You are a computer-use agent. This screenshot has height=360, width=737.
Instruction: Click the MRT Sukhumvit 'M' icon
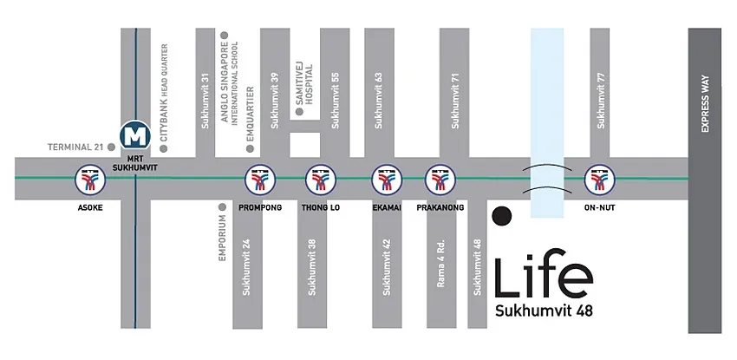[x=135, y=135]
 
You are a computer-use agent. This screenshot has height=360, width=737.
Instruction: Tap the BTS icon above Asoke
[x=90, y=179]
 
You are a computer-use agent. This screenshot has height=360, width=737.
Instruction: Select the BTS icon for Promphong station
[x=260, y=179]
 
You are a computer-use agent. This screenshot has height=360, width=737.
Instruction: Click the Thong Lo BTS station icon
[x=321, y=179]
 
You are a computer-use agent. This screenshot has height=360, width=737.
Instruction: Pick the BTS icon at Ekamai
[x=387, y=179]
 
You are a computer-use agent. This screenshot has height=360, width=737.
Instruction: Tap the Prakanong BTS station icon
[x=440, y=179]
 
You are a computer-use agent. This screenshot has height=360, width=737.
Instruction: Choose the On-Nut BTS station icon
[x=600, y=179]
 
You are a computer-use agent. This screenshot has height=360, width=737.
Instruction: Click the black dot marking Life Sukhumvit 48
[x=502, y=216]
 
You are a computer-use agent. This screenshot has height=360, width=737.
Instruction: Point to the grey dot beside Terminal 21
[x=111, y=147]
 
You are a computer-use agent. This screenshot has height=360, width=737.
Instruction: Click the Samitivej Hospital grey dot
[x=299, y=111]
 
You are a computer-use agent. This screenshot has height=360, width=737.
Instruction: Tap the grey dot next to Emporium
[x=223, y=207]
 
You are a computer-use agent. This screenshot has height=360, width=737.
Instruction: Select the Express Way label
[x=705, y=104]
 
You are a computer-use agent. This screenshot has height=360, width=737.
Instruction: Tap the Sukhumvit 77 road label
[x=600, y=101]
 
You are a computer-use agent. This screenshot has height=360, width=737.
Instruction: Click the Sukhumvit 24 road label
[x=246, y=267]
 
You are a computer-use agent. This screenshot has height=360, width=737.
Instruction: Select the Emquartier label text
[x=250, y=115]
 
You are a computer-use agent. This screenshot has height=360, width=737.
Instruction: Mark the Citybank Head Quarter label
[x=164, y=93]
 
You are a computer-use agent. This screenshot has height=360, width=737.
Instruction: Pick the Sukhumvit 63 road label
[x=378, y=101]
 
